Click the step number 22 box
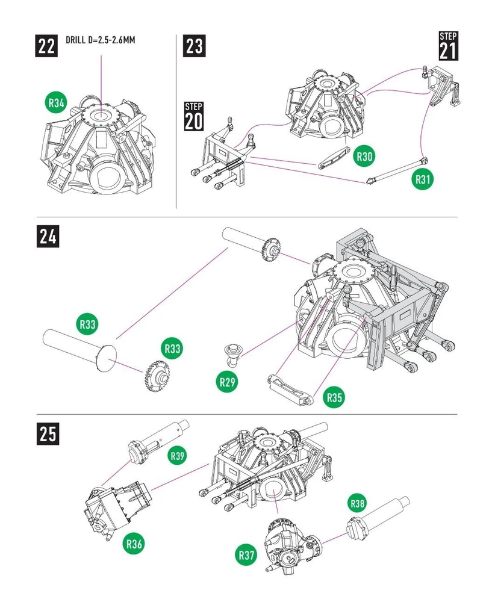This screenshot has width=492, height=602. [x=47, y=46]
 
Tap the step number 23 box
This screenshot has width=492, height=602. [x=194, y=46]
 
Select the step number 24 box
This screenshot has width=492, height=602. [x=49, y=236]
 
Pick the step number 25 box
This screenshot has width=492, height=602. [x=49, y=433]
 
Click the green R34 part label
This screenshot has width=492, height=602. [x=56, y=103]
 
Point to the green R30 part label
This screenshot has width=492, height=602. [x=364, y=157]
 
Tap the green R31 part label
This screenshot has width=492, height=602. [x=423, y=179]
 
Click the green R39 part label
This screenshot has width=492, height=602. [x=176, y=456]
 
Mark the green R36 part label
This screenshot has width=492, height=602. [x=135, y=544]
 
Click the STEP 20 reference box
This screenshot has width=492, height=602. [x=193, y=116]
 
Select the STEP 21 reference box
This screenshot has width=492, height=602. [x=447, y=46]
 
